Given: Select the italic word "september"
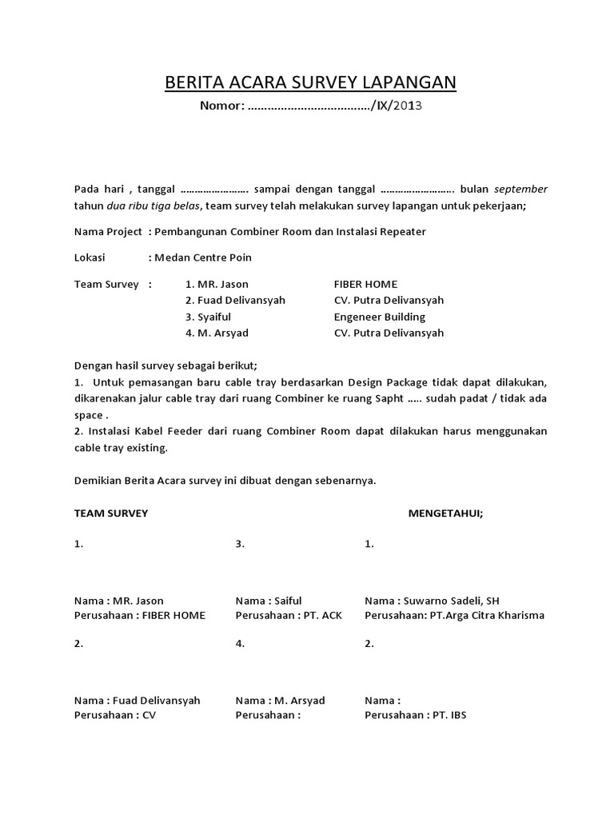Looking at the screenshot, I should pyautogui.click(x=520, y=189).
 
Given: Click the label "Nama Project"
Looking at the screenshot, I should pyautogui.click(x=108, y=231).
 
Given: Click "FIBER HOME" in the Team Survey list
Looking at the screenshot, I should pyautogui.click(x=365, y=284).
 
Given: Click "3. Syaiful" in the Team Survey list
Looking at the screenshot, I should pyautogui.click(x=208, y=317).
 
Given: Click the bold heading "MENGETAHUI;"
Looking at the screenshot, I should pyautogui.click(x=446, y=513).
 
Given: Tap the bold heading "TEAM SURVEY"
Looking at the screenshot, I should pyautogui.click(x=111, y=513).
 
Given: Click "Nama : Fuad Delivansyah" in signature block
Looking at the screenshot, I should pyautogui.click(x=138, y=700).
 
